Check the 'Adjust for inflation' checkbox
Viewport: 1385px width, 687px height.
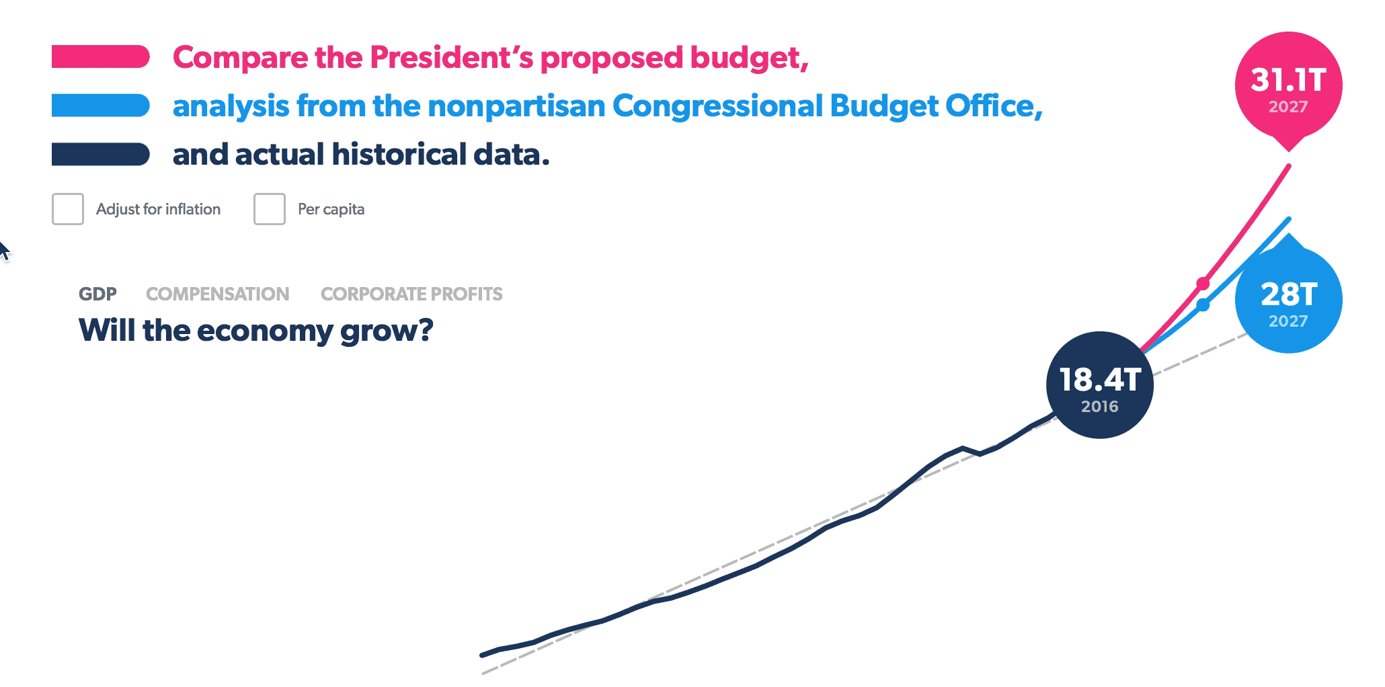coord(68,209)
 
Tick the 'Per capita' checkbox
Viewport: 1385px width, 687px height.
coord(270,209)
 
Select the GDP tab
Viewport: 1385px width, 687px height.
coord(97,294)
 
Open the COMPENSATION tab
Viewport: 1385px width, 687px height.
coord(218,294)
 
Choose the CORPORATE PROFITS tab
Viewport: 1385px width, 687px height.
coord(411,294)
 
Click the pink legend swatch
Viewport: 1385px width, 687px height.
coord(101,56)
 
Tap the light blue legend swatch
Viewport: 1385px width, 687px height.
coord(101,106)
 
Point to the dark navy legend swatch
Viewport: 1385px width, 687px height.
coord(101,154)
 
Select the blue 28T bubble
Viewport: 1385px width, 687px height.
coord(1288,299)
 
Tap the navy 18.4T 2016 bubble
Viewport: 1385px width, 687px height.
coord(1100,385)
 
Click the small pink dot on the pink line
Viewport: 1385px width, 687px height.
coord(1203,284)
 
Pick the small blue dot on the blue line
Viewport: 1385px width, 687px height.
coord(1203,305)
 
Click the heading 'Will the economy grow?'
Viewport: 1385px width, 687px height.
coord(256,331)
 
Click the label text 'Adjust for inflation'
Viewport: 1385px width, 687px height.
coord(158,209)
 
